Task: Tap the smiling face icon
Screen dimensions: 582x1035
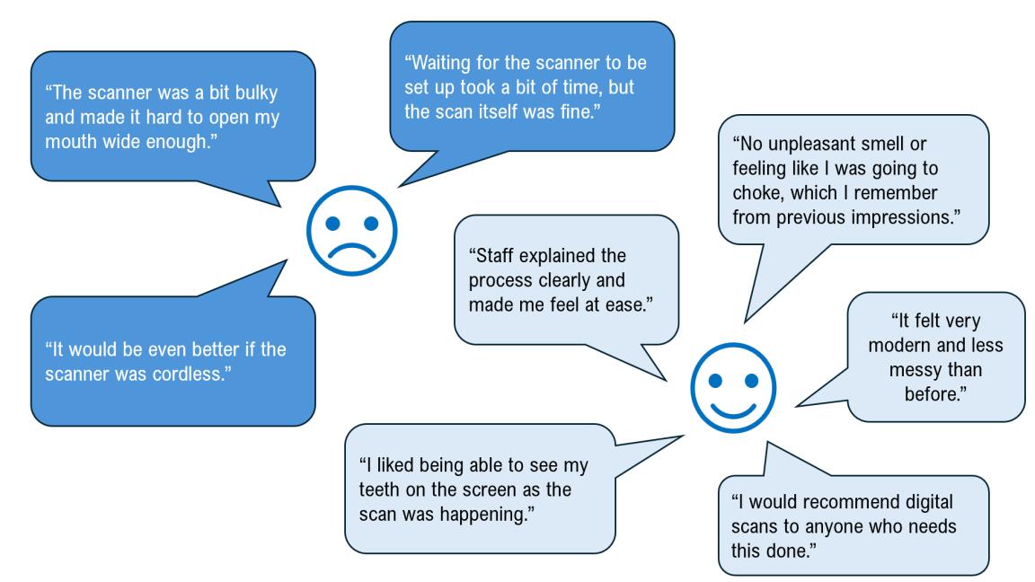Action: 732,385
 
